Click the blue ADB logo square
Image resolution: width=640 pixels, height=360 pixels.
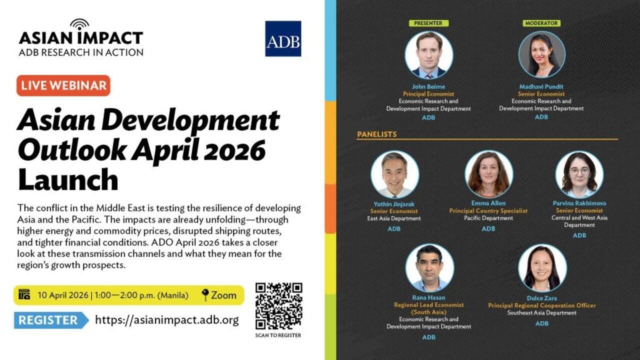click(x=283, y=38)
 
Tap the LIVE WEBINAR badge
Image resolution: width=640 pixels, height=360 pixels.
click(x=63, y=85)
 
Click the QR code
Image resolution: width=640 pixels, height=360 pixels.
click(x=278, y=306)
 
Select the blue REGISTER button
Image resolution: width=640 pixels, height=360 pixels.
click(x=50, y=320)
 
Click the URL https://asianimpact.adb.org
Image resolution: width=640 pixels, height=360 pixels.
click(x=167, y=320)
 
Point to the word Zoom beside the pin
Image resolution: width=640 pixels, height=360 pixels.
click(x=223, y=295)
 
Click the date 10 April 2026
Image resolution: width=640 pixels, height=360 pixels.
click(x=63, y=295)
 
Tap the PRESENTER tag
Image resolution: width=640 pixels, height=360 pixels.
click(x=428, y=23)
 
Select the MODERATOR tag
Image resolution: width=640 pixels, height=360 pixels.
click(x=541, y=23)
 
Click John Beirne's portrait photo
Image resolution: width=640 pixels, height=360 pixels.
click(x=429, y=54)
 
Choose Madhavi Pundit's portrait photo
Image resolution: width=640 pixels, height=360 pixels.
click(x=542, y=54)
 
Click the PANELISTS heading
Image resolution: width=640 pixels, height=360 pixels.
click(x=376, y=134)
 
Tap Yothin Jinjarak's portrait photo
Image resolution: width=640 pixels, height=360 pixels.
click(x=394, y=174)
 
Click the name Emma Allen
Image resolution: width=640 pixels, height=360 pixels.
click(x=488, y=203)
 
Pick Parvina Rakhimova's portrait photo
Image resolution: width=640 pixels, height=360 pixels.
click(x=579, y=174)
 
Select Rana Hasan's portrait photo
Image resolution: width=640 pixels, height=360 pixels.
click(x=429, y=268)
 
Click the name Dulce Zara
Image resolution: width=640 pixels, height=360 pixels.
click(x=542, y=298)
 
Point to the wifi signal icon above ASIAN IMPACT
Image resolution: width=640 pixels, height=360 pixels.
click(x=79, y=24)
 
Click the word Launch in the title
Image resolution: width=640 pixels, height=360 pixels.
click(x=68, y=179)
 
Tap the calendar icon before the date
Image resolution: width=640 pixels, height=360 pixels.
click(x=24, y=295)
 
